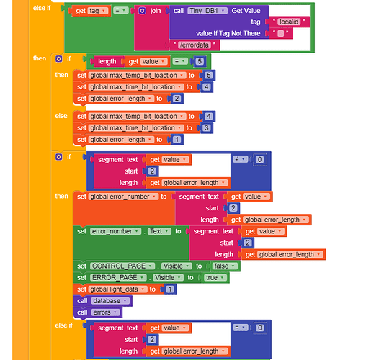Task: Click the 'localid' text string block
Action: (x=289, y=22)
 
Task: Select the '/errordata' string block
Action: (x=195, y=45)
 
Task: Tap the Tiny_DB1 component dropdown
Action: (x=207, y=11)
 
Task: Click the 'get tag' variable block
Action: (x=91, y=11)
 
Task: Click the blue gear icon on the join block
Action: (x=142, y=11)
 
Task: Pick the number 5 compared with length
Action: (x=200, y=61)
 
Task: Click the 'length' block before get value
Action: (x=107, y=61)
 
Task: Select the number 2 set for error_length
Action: (x=177, y=99)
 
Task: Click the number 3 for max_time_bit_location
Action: (x=207, y=128)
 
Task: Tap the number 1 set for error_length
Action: (x=177, y=140)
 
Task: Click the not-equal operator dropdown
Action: (x=240, y=159)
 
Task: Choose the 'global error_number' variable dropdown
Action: (x=123, y=197)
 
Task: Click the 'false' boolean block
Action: (x=225, y=266)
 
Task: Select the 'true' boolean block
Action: (x=215, y=277)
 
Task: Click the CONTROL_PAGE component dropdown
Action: (x=122, y=266)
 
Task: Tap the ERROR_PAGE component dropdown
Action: (x=118, y=277)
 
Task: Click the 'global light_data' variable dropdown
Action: (x=118, y=289)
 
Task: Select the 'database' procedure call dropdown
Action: (x=110, y=301)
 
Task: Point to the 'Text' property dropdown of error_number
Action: (x=159, y=231)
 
